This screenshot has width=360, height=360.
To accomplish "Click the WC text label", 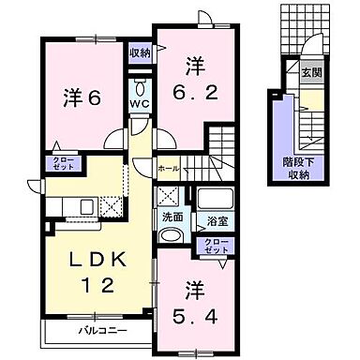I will click(139, 104).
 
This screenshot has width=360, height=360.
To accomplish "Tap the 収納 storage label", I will click(141, 53).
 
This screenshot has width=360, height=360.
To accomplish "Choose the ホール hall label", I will click(168, 169).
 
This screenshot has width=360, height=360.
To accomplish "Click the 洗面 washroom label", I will click(172, 218).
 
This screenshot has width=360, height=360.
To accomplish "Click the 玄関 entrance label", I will click(309, 73).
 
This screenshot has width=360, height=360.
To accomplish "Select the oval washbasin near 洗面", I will click(168, 235).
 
